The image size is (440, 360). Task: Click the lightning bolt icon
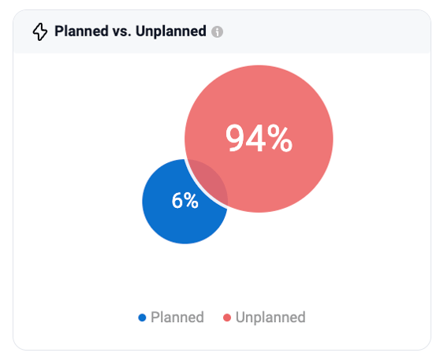[40, 32]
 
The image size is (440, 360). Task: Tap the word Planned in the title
[81, 32]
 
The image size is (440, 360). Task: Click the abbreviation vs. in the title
[121, 32]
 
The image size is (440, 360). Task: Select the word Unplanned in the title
[171, 32]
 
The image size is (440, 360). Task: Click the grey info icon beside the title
[217, 32]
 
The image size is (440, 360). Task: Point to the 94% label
[259, 138]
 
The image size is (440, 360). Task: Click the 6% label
[185, 200]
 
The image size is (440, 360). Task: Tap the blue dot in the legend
[142, 317]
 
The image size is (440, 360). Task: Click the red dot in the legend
[227, 317]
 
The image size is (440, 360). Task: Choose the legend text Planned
[177, 317]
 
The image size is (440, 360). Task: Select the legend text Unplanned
[270, 317]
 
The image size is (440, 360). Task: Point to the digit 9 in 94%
[236, 139]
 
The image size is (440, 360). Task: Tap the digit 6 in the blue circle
[177, 200]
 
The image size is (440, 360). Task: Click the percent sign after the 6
[192, 200]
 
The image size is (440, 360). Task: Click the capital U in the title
[140, 32]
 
